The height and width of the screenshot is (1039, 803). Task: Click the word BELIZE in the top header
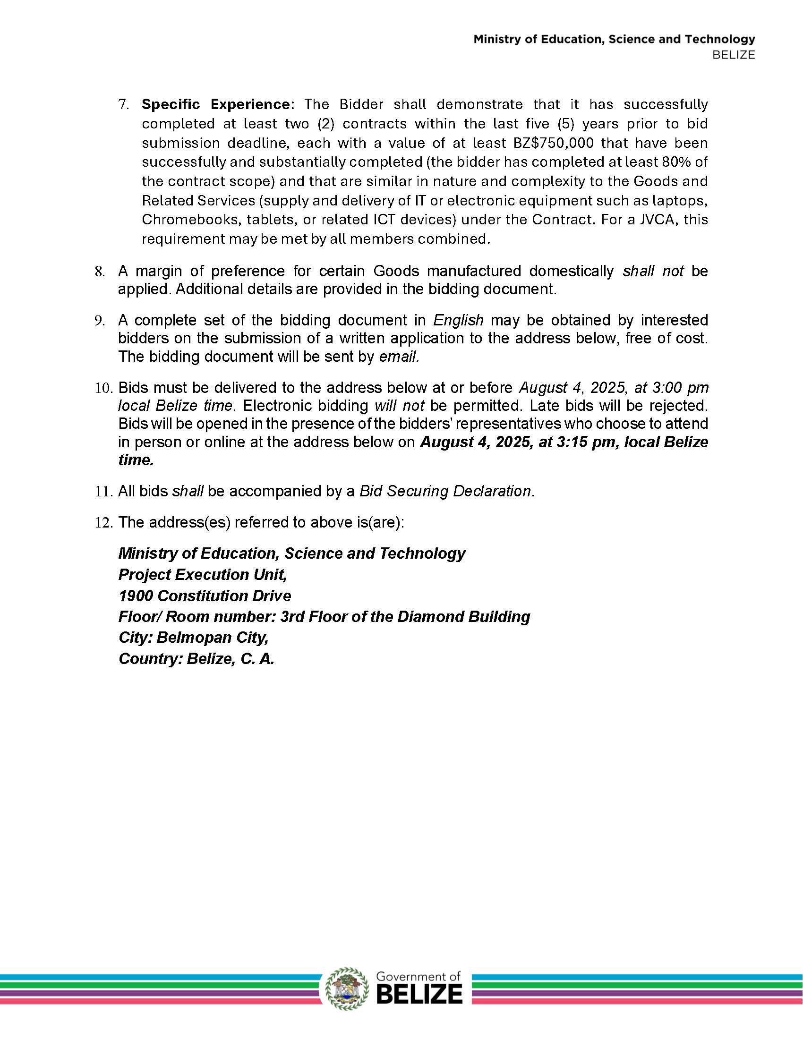point(734,55)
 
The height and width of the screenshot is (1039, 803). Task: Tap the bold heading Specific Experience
point(216,104)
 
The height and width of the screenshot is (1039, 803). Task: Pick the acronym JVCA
point(651,220)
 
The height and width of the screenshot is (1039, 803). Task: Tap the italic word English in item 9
point(458,320)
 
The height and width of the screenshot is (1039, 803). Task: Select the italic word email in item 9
point(399,356)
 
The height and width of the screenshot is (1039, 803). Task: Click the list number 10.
point(104,388)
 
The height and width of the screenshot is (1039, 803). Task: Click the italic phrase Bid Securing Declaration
point(445,491)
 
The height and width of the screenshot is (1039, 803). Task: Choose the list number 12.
point(104,522)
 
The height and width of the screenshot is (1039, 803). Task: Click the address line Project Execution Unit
point(203,575)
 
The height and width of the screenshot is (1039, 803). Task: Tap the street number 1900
point(136,596)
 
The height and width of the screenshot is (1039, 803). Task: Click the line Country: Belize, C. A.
point(196,659)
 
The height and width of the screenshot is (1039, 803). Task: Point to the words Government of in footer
point(418,977)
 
